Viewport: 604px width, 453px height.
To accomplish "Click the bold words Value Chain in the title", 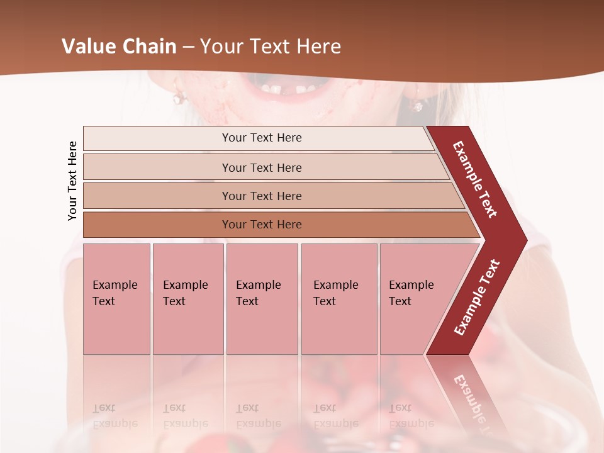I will (x=119, y=47).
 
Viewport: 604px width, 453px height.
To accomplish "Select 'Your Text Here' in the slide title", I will (x=271, y=47).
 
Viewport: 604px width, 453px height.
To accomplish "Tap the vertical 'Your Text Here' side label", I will (x=72, y=181).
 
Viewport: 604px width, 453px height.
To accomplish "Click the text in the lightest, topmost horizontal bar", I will (x=262, y=138).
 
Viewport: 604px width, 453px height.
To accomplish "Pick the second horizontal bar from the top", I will (x=262, y=167).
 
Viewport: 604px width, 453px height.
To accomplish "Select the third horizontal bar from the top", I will (x=262, y=196).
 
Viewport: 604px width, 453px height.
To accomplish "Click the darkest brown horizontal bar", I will (x=262, y=225).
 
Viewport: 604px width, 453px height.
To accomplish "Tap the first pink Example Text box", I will (x=116, y=299).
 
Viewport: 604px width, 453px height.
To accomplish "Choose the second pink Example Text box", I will (x=187, y=299).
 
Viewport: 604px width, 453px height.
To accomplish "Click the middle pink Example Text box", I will (x=262, y=299).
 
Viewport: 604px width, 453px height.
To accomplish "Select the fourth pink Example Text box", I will (x=338, y=299).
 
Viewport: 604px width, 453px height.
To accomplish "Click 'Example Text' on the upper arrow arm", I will (x=475, y=179).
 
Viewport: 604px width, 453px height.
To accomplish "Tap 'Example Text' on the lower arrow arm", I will (x=477, y=298).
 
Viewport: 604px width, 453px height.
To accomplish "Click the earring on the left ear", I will (x=180, y=98).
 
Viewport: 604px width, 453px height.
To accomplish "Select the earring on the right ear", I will (x=417, y=104).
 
